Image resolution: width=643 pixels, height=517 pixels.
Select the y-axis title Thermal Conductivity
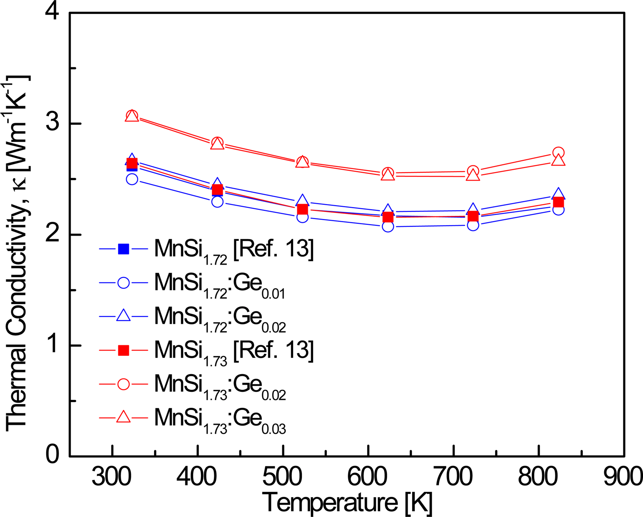pyautogui.click(x=16, y=254)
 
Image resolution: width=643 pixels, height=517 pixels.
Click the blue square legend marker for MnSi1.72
pyautogui.click(x=123, y=249)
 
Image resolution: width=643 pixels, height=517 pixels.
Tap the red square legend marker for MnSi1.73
pyautogui.click(x=123, y=351)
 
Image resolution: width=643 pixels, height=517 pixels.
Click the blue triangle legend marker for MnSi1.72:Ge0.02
pyautogui.click(x=123, y=316)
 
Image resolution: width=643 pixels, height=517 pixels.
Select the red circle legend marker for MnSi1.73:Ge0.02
pyautogui.click(x=123, y=384)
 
